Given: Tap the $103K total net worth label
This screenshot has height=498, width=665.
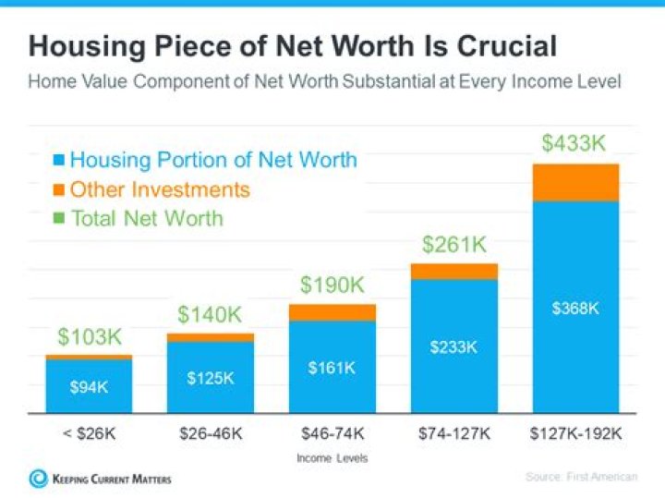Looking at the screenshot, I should pyautogui.click(x=89, y=336).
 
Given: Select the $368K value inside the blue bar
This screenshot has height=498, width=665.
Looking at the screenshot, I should pyautogui.click(x=575, y=309).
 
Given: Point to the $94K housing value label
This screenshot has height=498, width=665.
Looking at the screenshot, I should pyautogui.click(x=89, y=386).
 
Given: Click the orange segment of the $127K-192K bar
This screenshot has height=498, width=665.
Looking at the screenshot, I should pyautogui.click(x=575, y=183).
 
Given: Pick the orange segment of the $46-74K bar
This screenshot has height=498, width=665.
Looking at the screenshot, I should pyautogui.click(x=332, y=312).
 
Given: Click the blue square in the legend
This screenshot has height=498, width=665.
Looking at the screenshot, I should pyautogui.click(x=58, y=161).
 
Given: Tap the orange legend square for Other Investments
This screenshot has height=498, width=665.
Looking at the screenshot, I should pyautogui.click(x=58, y=190).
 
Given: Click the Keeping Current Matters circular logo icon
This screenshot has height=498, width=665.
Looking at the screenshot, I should pyautogui.click(x=39, y=479).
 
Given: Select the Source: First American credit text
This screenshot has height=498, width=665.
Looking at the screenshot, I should pyautogui.click(x=582, y=477).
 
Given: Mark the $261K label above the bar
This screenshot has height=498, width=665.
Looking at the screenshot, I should pyautogui.click(x=453, y=245).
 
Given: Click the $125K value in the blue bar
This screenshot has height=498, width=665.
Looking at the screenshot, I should pyautogui.click(x=211, y=379).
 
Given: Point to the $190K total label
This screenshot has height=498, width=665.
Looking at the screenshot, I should pyautogui.click(x=332, y=285).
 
